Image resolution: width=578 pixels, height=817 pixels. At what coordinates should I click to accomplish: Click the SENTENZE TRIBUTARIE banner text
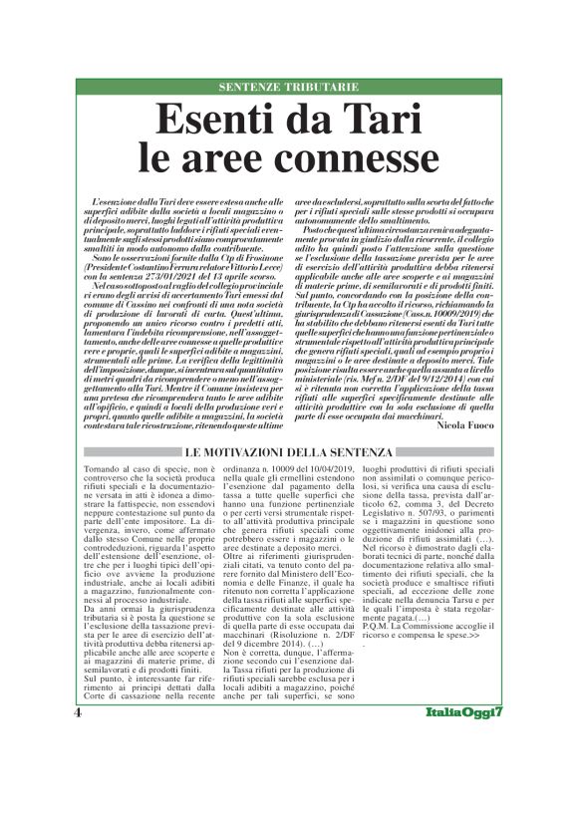[x=288, y=88]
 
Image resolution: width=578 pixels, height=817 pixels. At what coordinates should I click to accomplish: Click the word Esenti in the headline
[x=216, y=122]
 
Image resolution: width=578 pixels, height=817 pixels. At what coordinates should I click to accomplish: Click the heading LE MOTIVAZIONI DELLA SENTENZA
[x=288, y=452]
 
